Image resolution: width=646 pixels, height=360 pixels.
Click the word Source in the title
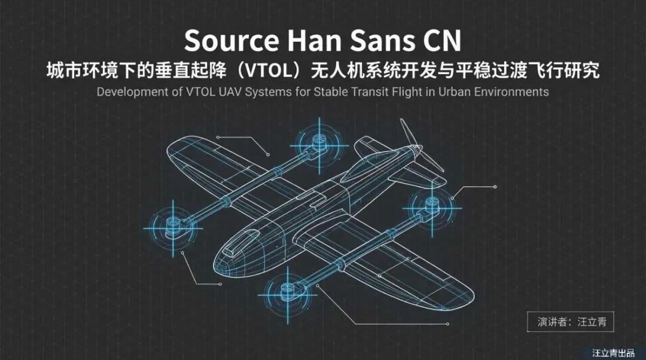click(231, 41)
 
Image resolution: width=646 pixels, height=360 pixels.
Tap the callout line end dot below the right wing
click(447, 324)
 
